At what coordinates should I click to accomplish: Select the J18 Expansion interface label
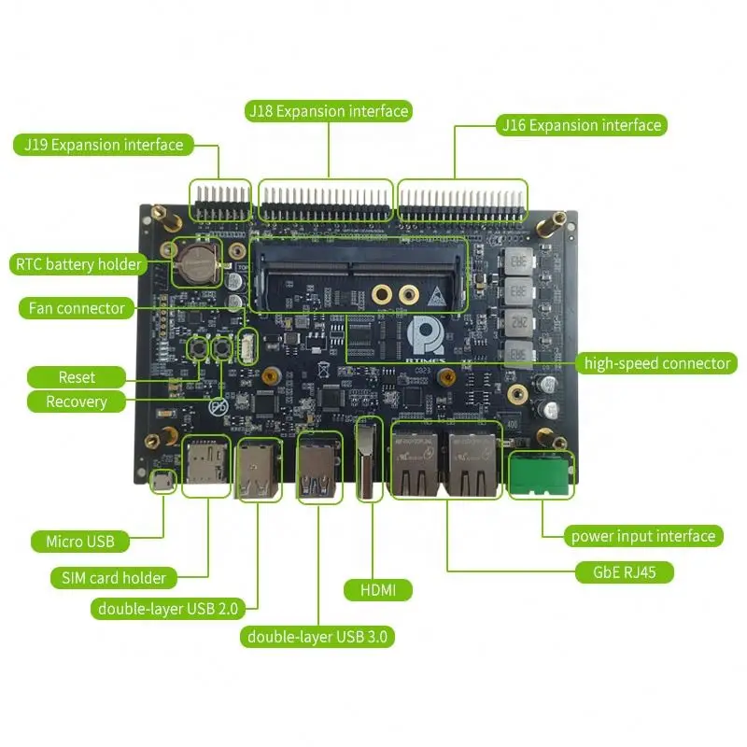coord(328,111)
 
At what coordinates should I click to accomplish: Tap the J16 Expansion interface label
coord(581,125)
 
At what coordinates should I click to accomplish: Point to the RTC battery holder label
coord(78,264)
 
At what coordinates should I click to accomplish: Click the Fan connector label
coord(77,308)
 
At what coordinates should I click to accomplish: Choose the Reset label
coord(77,377)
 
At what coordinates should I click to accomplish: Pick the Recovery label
coord(77,402)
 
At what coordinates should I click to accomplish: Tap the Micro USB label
coord(81,542)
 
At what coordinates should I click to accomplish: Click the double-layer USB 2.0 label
coord(169,609)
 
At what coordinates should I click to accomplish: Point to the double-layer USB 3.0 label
coord(318,638)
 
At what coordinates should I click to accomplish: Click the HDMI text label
coord(378,590)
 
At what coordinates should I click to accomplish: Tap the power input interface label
coord(643,536)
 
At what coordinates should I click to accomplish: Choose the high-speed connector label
coord(656,363)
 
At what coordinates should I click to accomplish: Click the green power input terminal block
coord(539,474)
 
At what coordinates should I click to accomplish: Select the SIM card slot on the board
coord(206,464)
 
